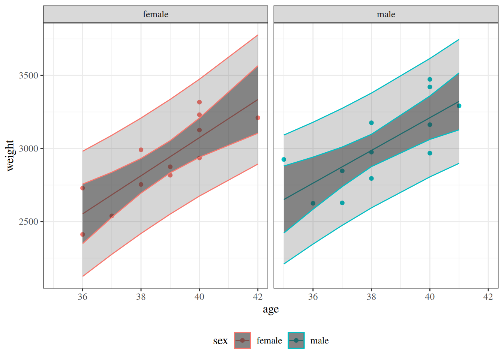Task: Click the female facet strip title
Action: coord(156,14)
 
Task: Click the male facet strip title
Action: coord(386,14)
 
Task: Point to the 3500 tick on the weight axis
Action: coord(28,75)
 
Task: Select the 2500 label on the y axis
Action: coord(28,222)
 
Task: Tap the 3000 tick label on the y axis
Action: coord(28,148)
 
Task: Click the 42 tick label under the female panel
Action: coord(258,297)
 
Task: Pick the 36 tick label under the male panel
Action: coord(313,297)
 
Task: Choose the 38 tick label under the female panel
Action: coord(141,297)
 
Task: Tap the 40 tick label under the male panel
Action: coord(430,297)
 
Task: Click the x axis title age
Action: coord(271,309)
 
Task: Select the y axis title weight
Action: coord(10,155)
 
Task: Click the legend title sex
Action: coord(220,341)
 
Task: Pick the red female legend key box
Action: coord(242,340)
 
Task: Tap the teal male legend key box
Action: coord(296,340)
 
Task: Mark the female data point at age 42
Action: coord(258,118)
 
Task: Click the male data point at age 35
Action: coord(284,159)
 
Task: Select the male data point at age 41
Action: coord(459,106)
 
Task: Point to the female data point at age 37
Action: coord(112,216)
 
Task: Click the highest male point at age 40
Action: coord(430,79)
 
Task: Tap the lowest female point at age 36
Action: coord(82,234)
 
